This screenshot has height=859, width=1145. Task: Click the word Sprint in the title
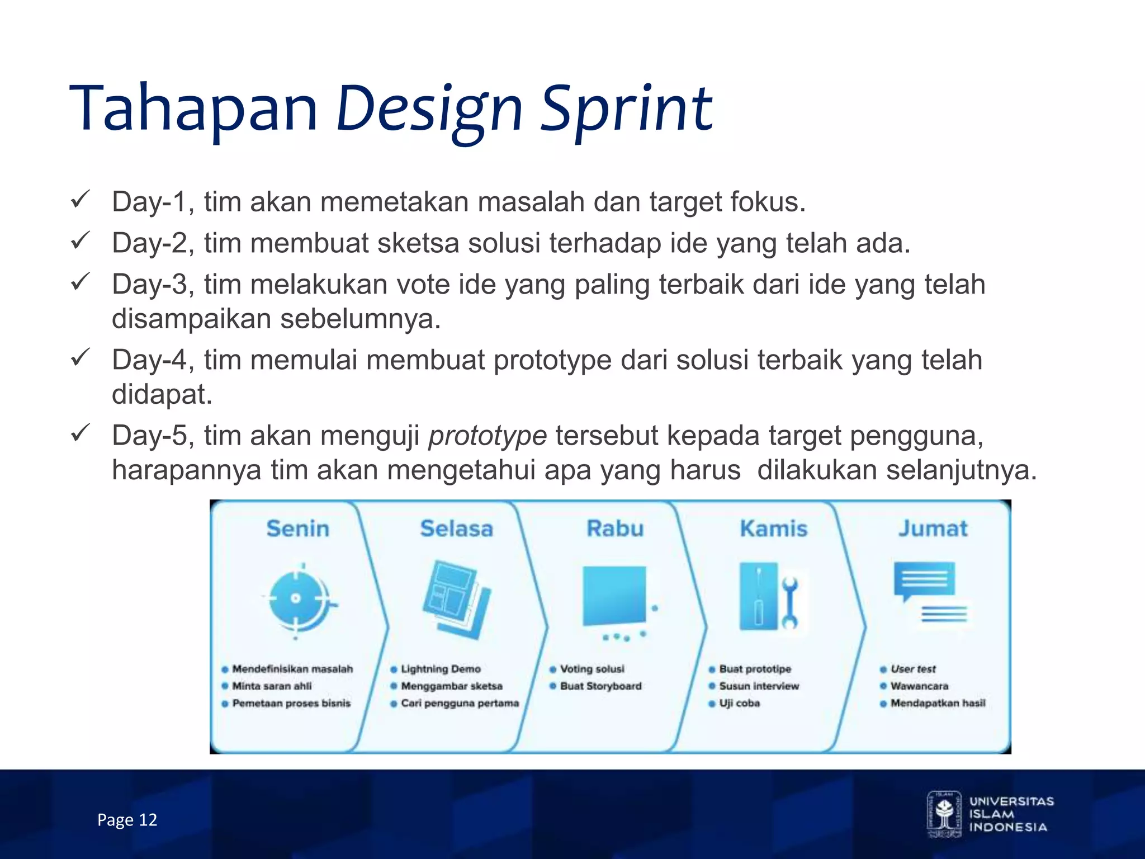(626, 109)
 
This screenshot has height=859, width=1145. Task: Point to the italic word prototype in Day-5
(487, 436)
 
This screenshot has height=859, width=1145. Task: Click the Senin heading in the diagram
(297, 528)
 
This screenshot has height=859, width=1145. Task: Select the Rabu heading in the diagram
(615, 528)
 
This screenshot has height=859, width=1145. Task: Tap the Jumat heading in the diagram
(933, 528)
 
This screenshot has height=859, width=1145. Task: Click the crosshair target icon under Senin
(296, 600)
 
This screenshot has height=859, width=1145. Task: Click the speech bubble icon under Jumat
(924, 582)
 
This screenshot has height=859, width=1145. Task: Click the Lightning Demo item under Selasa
(441, 669)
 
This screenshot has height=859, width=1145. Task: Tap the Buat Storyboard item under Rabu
(600, 686)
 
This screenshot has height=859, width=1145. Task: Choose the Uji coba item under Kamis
(739, 704)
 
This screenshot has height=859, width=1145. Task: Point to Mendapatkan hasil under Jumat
(938, 704)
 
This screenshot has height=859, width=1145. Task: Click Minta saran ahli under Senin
(272, 686)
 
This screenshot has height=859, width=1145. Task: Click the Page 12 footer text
(127, 820)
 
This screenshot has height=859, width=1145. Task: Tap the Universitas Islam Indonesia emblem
(944, 814)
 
